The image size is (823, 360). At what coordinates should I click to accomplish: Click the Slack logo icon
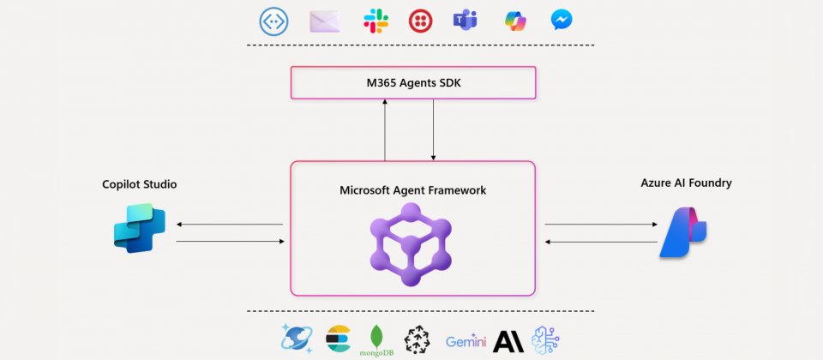[x=375, y=21]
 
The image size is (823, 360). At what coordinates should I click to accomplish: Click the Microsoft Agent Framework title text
[x=413, y=190]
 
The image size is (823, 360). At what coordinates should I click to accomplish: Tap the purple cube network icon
[x=409, y=243]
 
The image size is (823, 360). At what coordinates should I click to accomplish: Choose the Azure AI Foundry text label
[x=686, y=183]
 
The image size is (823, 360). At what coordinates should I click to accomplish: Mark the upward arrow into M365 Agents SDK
[x=385, y=129]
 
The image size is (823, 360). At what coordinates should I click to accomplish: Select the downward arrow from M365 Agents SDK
[x=434, y=129]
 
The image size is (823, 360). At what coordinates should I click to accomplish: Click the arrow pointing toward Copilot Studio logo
[x=229, y=225]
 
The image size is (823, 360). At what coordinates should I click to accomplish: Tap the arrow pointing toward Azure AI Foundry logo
[x=599, y=225]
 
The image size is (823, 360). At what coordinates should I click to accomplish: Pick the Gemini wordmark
[x=466, y=341]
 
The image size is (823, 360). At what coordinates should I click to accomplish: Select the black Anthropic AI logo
[x=508, y=340]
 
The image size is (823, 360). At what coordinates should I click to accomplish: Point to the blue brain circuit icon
[x=546, y=339]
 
